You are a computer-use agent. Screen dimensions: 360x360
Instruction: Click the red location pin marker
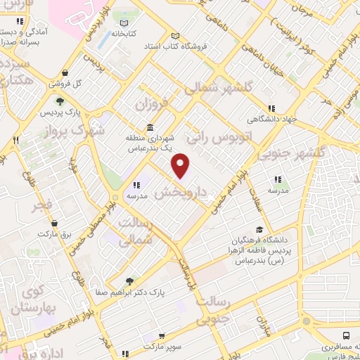click(181, 165)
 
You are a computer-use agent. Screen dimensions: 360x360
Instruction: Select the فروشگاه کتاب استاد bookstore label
click(211, 46)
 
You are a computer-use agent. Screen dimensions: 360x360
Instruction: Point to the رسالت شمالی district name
click(134, 231)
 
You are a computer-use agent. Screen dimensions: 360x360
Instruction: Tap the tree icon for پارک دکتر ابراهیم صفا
click(128, 281)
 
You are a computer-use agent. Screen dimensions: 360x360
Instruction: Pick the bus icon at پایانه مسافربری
click(346, 336)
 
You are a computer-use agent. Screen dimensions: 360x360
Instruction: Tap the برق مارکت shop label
click(56, 233)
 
